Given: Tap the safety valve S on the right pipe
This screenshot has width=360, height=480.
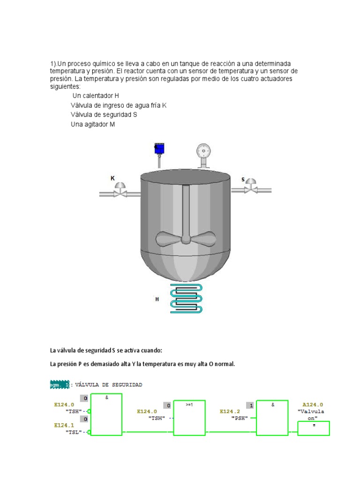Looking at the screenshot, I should [251, 187].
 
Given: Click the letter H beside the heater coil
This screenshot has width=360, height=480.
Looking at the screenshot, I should [157, 299].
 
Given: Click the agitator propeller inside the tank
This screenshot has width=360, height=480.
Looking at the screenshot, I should [185, 238].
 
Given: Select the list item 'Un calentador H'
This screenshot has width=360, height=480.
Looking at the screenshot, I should [96, 95].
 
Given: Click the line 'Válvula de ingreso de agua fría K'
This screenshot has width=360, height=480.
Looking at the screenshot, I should [119, 105].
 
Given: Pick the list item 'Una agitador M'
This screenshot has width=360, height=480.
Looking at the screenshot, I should [93, 124].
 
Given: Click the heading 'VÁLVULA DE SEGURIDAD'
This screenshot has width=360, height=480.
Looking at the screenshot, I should [108, 384].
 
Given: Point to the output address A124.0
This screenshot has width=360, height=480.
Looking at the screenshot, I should [313, 404].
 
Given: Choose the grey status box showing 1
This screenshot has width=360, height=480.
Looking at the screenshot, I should [251, 405].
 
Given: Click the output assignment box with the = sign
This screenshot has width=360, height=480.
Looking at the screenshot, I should [314, 428].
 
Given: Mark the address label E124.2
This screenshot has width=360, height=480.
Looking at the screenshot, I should [230, 411].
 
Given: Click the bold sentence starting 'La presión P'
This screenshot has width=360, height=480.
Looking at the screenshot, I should [142, 364].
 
